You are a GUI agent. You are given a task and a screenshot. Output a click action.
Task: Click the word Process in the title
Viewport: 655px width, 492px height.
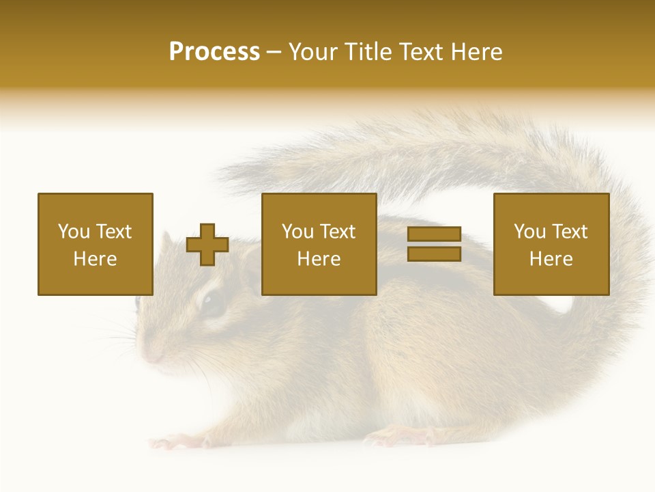pos(214,52)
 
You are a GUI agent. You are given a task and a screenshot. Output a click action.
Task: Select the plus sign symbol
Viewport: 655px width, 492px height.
pos(207,245)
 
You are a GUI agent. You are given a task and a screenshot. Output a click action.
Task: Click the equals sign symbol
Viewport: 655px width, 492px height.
pos(434,244)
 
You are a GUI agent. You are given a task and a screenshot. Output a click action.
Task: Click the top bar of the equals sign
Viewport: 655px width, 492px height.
pos(434,234)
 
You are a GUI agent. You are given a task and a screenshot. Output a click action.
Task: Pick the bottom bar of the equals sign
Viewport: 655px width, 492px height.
pos(434,254)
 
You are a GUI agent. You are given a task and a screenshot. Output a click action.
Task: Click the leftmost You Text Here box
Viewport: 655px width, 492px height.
pos(96,244)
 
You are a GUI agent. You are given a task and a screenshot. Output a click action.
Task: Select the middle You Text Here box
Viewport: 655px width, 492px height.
pos(319,244)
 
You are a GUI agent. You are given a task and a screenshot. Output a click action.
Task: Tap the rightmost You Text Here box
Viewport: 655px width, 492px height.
pos(551,244)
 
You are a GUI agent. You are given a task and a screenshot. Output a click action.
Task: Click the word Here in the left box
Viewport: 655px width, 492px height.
pos(96,259)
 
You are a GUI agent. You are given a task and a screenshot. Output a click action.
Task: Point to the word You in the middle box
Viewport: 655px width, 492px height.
pos(297,232)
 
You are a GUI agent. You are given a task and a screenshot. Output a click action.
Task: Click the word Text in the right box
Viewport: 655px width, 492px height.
pos(568,232)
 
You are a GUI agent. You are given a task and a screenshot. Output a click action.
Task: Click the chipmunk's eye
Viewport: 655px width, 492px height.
pos(214,304)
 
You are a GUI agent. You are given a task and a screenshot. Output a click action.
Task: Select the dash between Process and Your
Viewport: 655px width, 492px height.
pos(274,53)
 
